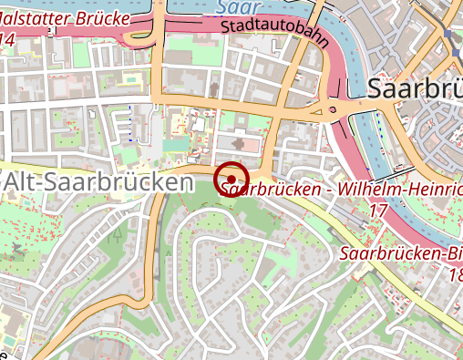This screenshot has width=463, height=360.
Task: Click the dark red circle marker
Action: coord(232,179)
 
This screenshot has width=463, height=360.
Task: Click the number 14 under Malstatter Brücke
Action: coord(7,40)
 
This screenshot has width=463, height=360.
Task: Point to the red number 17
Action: coord(378,211)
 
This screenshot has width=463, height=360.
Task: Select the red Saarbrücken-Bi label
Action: coord(400,254)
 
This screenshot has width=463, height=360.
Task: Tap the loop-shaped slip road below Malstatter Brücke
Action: coord(141,39)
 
